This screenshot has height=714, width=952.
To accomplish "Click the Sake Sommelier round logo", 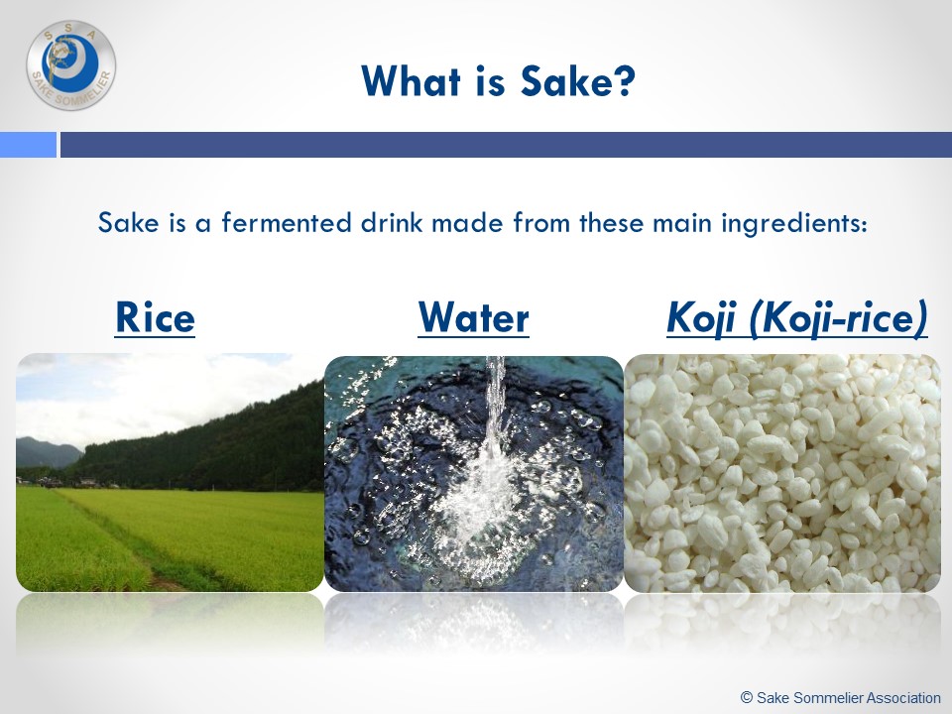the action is click(x=71, y=65).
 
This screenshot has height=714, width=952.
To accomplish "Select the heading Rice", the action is click(x=155, y=317).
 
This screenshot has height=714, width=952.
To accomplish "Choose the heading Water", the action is click(x=474, y=317).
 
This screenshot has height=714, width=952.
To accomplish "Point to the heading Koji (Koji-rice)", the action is click(x=797, y=318).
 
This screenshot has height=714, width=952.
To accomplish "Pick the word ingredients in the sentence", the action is click(x=794, y=223).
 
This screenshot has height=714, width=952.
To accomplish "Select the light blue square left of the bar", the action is click(x=28, y=145).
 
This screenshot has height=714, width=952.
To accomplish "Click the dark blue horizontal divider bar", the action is click(x=506, y=145).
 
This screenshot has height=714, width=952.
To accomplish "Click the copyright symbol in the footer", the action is click(x=747, y=697).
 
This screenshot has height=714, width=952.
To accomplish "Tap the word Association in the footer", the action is click(x=903, y=697).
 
